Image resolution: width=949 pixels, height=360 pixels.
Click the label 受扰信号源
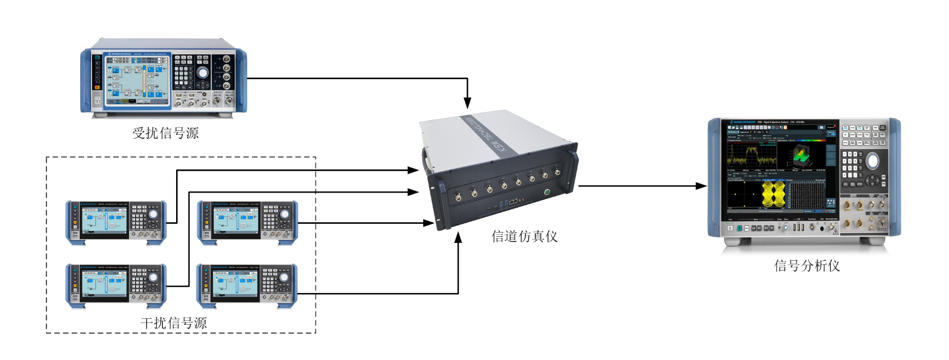[165, 133]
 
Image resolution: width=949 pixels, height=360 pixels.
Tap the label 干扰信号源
[174, 323]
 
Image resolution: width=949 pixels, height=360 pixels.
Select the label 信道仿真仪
[524, 237]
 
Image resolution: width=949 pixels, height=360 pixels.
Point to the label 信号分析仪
[807, 266]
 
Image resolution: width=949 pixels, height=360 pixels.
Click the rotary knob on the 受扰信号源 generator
[202, 73]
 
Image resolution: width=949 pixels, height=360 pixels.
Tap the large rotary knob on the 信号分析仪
[872, 161]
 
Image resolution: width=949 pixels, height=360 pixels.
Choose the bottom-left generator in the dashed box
[116, 285]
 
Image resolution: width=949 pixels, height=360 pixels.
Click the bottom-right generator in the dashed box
[247, 285]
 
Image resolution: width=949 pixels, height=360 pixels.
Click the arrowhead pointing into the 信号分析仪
[701, 186]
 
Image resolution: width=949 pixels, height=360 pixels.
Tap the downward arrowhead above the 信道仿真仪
[467, 103]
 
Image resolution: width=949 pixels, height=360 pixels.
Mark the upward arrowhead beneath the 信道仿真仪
[458, 238]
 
